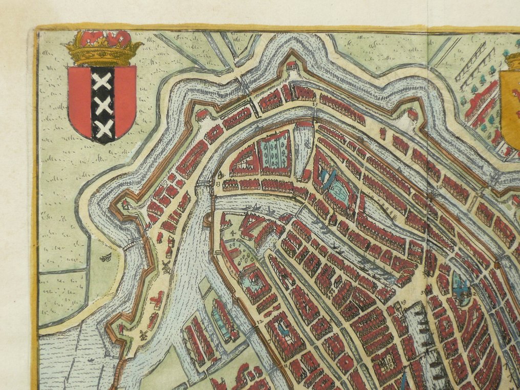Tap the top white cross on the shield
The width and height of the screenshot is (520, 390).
[103, 81]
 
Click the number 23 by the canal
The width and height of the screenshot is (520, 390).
[219, 182]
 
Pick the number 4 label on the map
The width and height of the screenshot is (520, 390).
[233, 233]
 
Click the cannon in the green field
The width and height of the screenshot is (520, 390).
[107, 258]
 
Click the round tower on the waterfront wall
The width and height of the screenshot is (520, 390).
[208, 221]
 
